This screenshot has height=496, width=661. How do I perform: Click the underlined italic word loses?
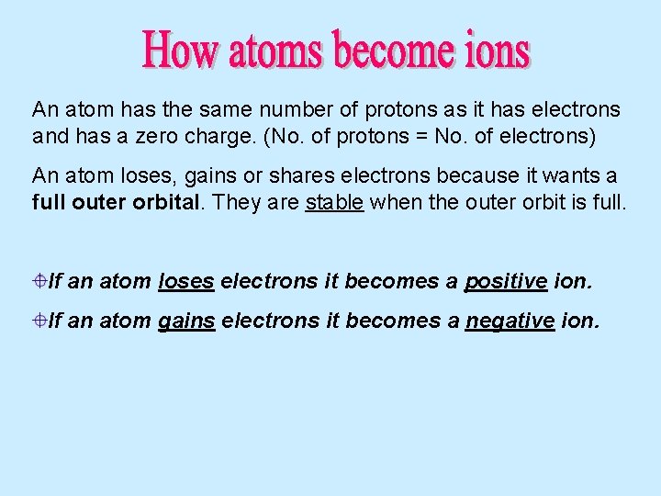click(186, 281)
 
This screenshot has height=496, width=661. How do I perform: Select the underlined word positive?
click(506, 281)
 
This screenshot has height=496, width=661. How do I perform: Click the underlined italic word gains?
click(186, 321)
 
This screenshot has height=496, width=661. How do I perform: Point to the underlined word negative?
click(510, 321)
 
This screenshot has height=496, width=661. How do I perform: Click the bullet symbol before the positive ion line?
click(40, 281)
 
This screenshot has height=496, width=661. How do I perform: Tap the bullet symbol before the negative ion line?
click(40, 321)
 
